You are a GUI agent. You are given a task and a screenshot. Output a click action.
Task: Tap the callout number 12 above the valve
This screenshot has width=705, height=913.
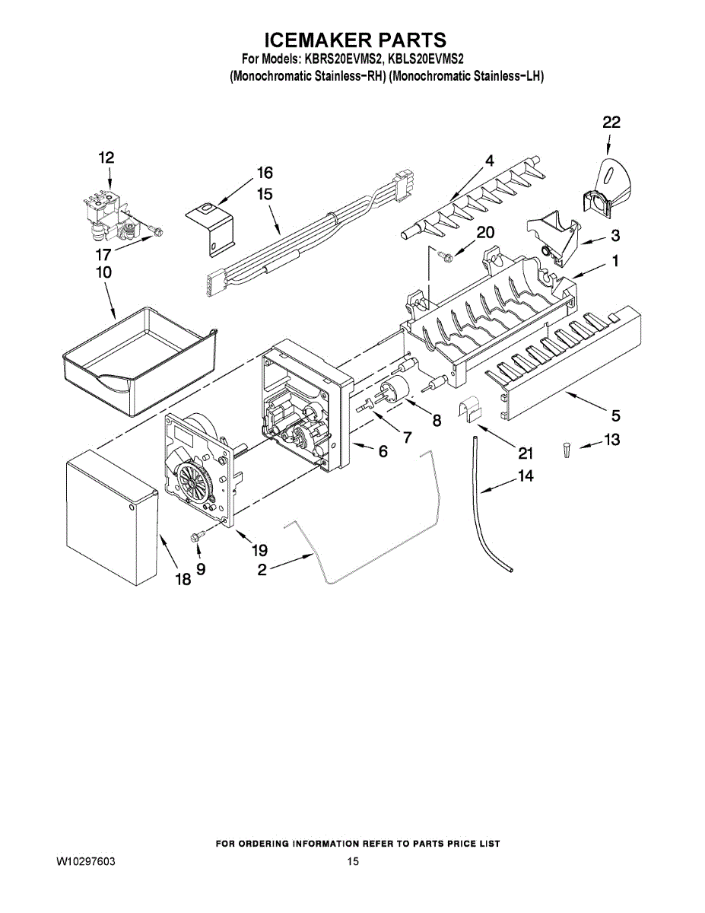[x=106, y=157]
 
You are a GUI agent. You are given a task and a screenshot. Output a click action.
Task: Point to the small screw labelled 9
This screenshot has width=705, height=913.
[x=197, y=537]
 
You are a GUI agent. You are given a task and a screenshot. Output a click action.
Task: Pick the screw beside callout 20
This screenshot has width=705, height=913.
[x=447, y=257]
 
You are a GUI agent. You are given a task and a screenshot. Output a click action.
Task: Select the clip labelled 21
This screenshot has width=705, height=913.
[x=472, y=409]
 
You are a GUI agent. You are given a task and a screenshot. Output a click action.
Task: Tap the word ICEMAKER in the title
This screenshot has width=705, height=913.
[x=312, y=40]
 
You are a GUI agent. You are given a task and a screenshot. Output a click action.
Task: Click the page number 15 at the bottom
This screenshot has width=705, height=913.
[x=353, y=862]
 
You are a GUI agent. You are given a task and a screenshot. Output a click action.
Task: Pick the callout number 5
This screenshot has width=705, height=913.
[x=614, y=415]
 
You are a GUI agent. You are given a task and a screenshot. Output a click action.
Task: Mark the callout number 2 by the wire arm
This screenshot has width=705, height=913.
[x=262, y=569]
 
